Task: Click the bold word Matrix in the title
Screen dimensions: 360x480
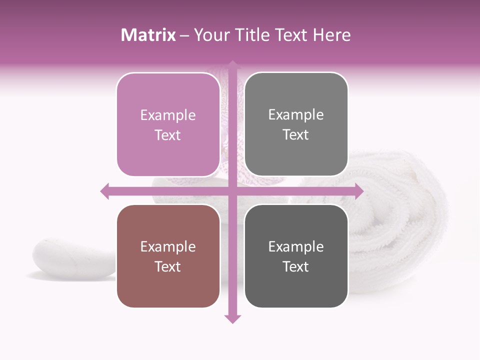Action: pos(148,35)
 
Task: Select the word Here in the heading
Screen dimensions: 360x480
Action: pos(331,35)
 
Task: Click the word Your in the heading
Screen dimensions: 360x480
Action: pos(210,35)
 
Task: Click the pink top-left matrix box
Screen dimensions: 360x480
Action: pos(168,124)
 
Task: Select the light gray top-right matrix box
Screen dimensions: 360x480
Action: pos(296,124)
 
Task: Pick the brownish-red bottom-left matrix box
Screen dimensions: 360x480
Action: pos(168,256)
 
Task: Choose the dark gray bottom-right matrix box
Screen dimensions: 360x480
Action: pos(296,256)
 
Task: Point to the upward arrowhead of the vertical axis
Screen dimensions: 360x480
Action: pos(232,65)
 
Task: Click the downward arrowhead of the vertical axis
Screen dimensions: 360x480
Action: pos(232,318)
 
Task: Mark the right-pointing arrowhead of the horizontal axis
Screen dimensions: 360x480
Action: pos(358,191)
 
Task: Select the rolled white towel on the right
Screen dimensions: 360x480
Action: pos(400,220)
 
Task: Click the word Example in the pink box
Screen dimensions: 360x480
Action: pos(168,115)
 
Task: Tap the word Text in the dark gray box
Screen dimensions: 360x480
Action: pos(296,266)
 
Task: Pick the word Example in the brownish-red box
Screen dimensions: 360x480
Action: pos(168,246)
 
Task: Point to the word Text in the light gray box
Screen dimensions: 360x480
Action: pos(296,134)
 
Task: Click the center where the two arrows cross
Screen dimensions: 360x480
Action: pos(232,191)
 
